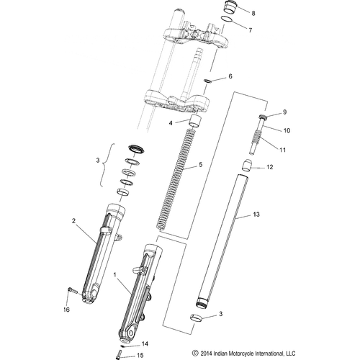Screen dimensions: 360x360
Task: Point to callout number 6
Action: (x=230, y=76)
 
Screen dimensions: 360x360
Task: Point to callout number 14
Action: (x=144, y=345)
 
